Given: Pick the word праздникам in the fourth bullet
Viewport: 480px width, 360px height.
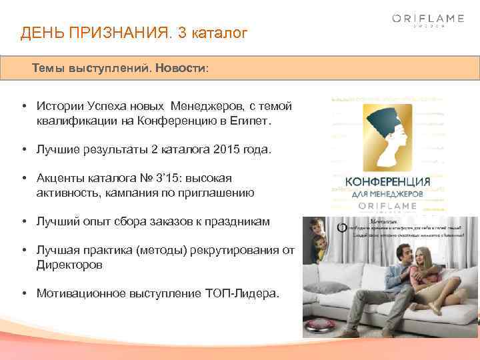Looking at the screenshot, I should pos(239,221).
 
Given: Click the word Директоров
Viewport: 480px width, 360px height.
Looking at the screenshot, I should pos(69,265).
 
